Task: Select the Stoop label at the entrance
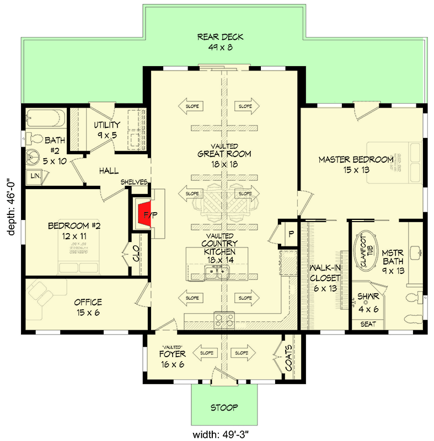pyautogui.click(x=224, y=408)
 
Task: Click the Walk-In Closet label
pyautogui.click(x=324, y=278)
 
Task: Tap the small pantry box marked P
pyautogui.click(x=291, y=234)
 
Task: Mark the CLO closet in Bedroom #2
pyautogui.click(x=135, y=255)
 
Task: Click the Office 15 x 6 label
pyautogui.click(x=88, y=307)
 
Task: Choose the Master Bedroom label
pyautogui.click(x=356, y=164)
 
